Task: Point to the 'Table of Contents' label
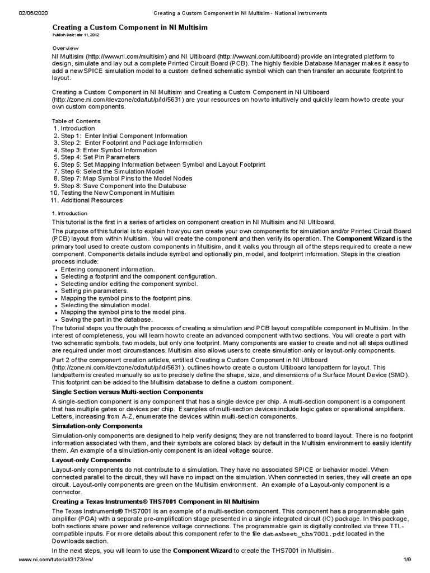(x=76, y=121)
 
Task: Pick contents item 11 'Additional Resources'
(x=91, y=200)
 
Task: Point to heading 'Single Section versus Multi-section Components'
(x=128, y=392)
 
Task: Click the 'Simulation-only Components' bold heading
(x=97, y=426)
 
